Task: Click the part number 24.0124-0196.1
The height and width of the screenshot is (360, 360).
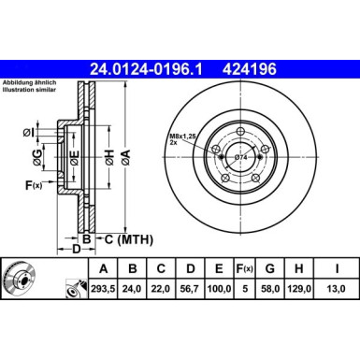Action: (146, 69)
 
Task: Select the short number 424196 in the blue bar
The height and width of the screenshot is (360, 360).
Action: (250, 69)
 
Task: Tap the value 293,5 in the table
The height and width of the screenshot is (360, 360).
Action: (103, 289)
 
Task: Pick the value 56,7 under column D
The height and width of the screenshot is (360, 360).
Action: (190, 289)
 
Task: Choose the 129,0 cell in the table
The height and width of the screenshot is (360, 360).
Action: (299, 289)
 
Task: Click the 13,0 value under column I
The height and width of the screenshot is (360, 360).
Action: (337, 289)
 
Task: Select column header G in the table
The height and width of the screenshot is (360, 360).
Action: (270, 268)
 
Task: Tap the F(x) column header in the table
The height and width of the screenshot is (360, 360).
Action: (245, 268)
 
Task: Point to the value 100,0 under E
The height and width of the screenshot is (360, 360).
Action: (219, 289)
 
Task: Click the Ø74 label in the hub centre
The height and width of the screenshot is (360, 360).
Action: (240, 158)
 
